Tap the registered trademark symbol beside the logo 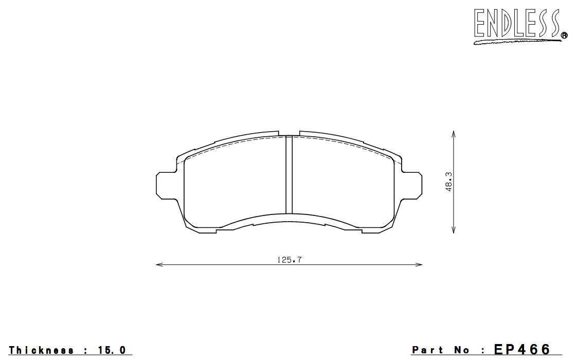[x=564, y=35]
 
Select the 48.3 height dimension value [x=448, y=182]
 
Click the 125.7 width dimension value [x=289, y=260]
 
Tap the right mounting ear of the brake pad [x=412, y=186]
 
